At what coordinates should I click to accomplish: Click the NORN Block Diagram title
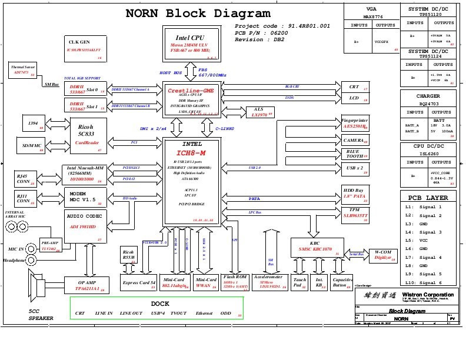coord(198,14)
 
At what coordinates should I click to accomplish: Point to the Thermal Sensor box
coord(22,71)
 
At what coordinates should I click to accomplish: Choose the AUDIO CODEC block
coord(85,227)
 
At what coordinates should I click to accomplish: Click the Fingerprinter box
coord(355,123)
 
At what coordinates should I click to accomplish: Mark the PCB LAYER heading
coord(427,198)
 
